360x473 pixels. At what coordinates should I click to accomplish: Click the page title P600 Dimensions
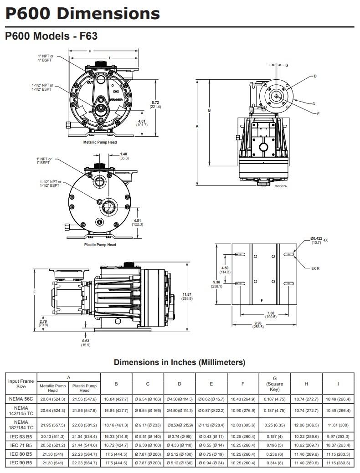coord(82,13)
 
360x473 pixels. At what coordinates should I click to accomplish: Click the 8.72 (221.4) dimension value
coord(155,104)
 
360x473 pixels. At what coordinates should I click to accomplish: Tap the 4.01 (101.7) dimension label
coord(142,122)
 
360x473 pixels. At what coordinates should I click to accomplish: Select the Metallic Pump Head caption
coord(100,143)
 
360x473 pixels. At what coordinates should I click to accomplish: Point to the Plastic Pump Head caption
coord(100,245)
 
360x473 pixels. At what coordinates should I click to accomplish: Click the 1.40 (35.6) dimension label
coord(123,156)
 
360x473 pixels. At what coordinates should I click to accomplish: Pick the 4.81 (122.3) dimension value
coord(138,222)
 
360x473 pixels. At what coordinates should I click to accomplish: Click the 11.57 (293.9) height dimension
coord(187,296)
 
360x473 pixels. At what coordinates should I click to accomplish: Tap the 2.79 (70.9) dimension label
coord(43,323)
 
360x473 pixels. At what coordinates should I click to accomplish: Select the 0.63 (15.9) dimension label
coord(86,343)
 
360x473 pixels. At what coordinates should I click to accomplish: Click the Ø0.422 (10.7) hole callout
coord(316,240)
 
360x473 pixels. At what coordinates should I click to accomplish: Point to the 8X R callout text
coord(315,268)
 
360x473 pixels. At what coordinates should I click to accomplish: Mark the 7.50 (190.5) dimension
coord(271,315)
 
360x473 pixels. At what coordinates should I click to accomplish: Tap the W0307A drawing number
coord(281,186)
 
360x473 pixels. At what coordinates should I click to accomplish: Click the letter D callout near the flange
coord(315,76)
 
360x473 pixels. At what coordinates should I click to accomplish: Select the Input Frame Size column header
coord(21,384)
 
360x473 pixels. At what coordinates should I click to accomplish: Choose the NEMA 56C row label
coord(21,399)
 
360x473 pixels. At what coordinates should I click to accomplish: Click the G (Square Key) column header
coord(275,384)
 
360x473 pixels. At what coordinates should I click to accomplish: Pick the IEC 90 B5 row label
coord(21,463)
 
